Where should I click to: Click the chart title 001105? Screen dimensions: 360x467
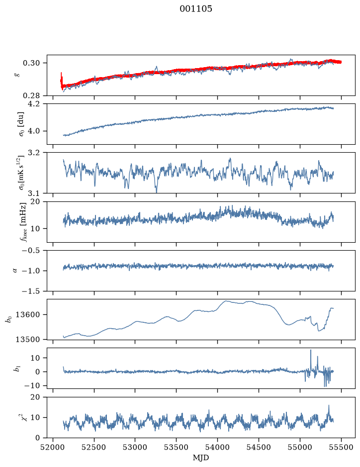tap(195, 9)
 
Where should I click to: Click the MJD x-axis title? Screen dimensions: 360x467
tap(201, 458)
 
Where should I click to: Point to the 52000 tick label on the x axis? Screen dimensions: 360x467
tap(53, 447)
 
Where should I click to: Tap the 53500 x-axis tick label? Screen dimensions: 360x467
tap(177, 447)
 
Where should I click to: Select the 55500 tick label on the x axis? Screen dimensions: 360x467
tap(341, 447)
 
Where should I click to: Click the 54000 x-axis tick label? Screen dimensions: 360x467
tap(218, 447)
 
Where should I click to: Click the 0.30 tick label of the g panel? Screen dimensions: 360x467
tap(31, 63)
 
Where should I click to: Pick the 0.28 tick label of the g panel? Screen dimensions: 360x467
tap(31, 95)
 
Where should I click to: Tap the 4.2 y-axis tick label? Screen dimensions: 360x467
tap(34, 104)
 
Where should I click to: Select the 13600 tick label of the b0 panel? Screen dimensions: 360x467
tap(27, 314)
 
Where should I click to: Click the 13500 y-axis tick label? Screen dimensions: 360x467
tap(27, 340)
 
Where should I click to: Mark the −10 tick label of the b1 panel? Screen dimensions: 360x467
tap(31, 386)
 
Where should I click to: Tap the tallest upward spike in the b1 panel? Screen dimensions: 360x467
tap(311, 350)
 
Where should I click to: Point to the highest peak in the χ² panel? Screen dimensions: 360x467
tap(329, 405)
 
